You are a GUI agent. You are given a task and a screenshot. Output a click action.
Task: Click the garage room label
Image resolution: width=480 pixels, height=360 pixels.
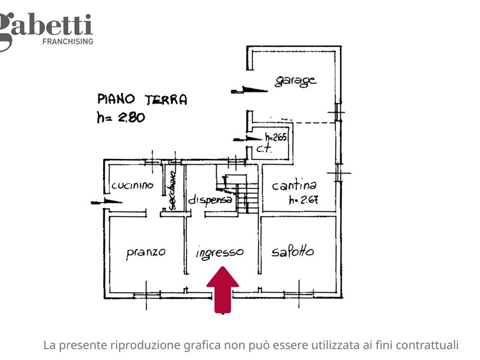295,81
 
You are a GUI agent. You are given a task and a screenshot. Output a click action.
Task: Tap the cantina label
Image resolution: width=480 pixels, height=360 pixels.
294,186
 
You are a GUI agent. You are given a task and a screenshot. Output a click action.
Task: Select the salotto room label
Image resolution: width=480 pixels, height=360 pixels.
292,252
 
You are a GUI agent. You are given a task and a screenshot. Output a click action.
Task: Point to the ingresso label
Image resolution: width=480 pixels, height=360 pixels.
220,253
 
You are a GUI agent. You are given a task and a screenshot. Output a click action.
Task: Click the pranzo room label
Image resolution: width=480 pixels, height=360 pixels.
146,253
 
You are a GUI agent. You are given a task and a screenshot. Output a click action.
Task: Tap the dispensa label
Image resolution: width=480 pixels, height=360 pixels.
210,200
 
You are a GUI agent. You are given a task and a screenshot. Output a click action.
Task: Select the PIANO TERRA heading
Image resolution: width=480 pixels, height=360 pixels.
142,100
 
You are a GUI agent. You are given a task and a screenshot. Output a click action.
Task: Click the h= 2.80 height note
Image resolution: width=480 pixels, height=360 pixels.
121,118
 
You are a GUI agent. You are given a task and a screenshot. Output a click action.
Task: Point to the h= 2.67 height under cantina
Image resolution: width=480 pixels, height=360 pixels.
303,200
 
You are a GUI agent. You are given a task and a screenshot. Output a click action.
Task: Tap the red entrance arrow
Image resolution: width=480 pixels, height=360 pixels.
223,289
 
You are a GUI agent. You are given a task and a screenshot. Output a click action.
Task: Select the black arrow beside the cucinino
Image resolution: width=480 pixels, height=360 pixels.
106,202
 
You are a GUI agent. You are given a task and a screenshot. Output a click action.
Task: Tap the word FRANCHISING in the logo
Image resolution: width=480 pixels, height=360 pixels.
67,41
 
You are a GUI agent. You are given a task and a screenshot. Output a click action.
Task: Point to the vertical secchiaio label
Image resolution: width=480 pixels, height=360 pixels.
172,191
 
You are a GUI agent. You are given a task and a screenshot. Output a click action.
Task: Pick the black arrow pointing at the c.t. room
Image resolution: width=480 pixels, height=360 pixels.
242,139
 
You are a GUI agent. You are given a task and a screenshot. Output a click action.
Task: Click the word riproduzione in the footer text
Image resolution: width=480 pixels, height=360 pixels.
144,345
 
